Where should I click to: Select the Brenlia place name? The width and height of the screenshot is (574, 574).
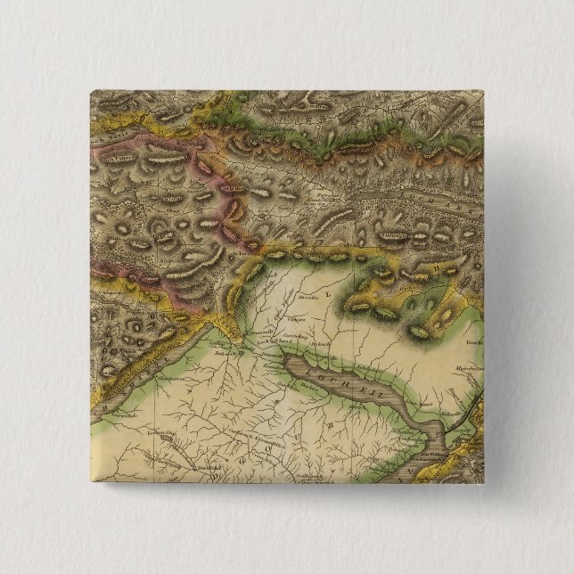tap(309, 300)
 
